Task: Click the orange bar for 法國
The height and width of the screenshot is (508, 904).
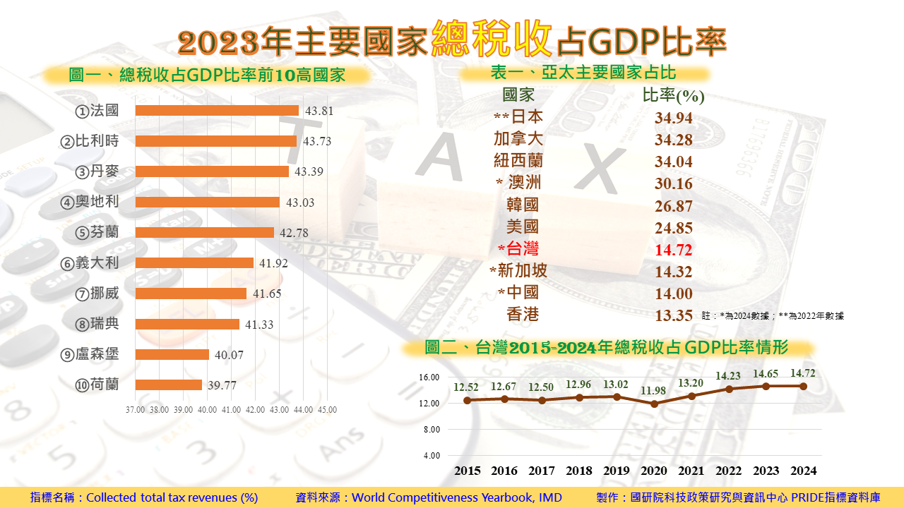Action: pos(217,111)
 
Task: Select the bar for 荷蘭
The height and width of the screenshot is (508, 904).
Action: pos(168,385)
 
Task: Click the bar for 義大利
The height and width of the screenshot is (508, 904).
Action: pos(194,263)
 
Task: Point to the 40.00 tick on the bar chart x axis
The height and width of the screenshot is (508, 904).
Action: pos(207,409)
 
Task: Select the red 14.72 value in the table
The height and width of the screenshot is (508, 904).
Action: pos(673,250)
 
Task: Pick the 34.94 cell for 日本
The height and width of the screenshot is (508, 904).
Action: pos(673,118)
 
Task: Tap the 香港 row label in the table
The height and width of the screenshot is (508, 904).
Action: pos(523,315)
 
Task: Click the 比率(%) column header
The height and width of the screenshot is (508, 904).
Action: pos(673,96)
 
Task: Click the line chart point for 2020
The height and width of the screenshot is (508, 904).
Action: pos(655,404)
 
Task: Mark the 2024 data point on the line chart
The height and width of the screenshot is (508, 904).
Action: pos(803,386)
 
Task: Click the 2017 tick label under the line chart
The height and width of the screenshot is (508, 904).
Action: pos(542,471)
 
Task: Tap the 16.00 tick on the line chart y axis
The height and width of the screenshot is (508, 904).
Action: pos(430,377)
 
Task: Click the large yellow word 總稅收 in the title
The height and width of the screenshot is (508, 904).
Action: pos(492,39)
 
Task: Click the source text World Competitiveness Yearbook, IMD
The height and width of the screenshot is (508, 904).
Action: pos(457,497)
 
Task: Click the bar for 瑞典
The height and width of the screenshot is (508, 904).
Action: pos(187,324)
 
